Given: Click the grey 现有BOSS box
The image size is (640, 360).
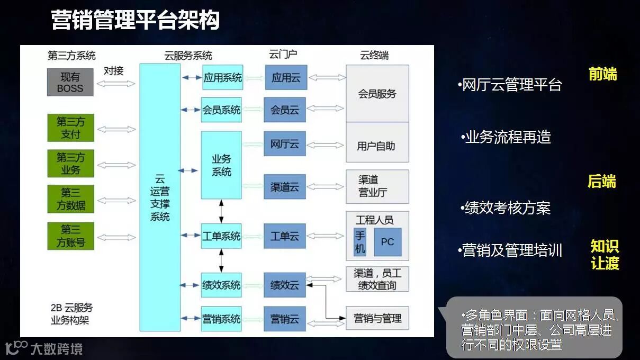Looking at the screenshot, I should coord(70,82).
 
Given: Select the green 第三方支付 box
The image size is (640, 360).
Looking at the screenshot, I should coord(70,128).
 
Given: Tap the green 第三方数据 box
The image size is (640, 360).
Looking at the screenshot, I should coord(70,199).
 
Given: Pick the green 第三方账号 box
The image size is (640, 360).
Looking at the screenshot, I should coord(70,236).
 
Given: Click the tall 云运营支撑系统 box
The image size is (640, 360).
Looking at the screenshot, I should coord(160,197).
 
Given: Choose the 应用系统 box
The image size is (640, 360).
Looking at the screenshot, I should coord(222,78).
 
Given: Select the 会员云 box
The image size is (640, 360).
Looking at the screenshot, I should coord(285,110).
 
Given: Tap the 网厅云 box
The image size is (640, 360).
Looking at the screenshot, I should coord(285,144).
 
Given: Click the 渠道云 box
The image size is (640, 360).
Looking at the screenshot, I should coord(285,187).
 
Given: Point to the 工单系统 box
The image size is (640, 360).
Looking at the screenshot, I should coord(221,236).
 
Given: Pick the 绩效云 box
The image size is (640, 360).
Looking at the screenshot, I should coord(285,285).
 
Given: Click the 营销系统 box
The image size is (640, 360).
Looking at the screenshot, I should coord(221,319).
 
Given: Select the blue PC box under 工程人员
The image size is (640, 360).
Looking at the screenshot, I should coord(387,242).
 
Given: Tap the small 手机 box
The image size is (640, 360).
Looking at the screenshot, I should coord(360,242).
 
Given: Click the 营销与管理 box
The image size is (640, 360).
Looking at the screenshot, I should coord(377,318).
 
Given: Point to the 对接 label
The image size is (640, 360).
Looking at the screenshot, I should coord(113,70).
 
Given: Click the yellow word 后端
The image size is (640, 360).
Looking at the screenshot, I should coord(602,182).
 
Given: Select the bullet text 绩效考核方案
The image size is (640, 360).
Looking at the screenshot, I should coord(507,208).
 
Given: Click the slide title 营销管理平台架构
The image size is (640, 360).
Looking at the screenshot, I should coord(135,21).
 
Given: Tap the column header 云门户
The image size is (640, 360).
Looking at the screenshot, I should coord(283,55).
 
